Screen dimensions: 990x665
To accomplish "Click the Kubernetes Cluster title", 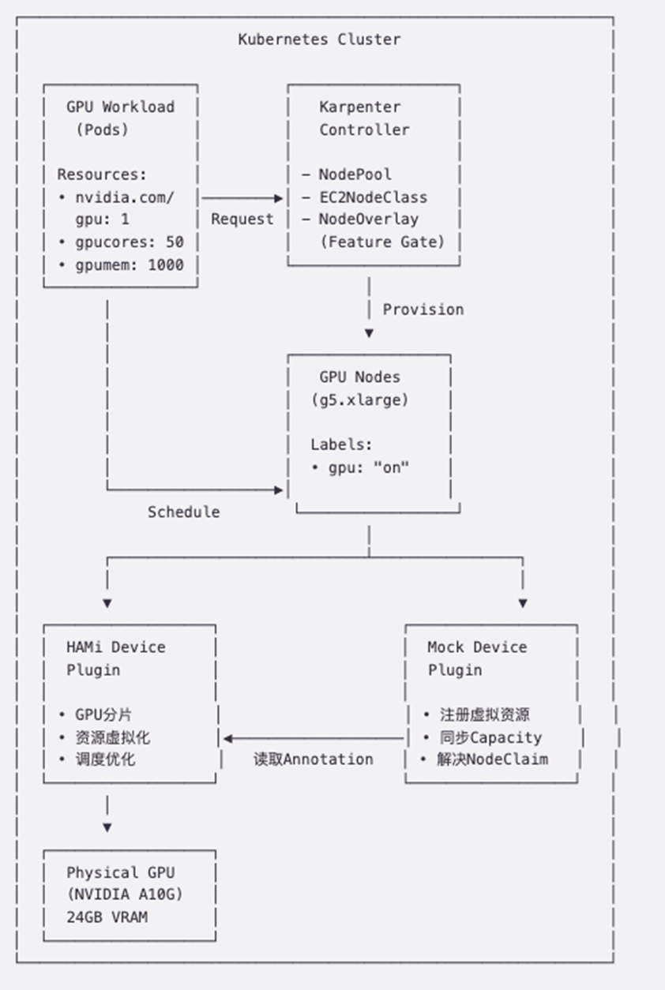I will click(x=319, y=39).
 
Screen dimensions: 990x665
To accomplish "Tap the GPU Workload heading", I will click(x=120, y=107).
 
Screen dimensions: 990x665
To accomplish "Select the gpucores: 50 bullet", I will click(x=120, y=242).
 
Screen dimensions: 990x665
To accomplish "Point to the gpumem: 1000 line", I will click(x=120, y=264).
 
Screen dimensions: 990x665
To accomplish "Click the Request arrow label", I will click(x=242, y=219).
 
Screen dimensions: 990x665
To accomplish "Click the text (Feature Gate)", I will click(x=382, y=242).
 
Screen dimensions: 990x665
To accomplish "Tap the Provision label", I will click(x=423, y=309).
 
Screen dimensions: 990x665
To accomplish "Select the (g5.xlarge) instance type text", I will click(x=360, y=400).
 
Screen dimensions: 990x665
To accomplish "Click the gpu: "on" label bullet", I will click(x=360, y=467).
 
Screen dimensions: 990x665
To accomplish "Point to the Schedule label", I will click(x=184, y=512).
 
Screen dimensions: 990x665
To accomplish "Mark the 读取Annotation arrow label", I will click(x=314, y=759).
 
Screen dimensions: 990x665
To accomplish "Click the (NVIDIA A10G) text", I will click(x=130, y=895).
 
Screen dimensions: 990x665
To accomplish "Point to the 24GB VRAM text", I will click(x=107, y=917).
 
